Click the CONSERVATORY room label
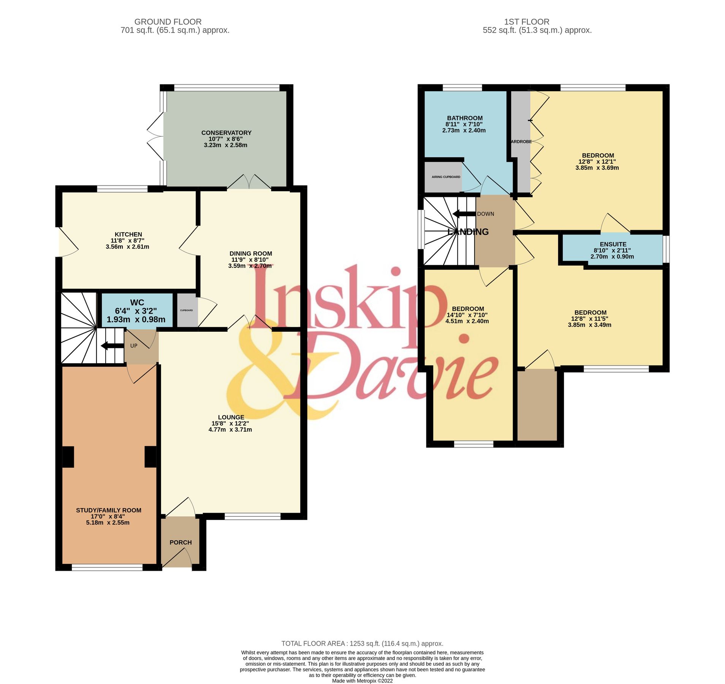click(226, 133)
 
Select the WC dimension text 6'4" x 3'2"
click(136, 311)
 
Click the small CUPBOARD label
click(186, 310)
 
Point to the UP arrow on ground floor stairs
click(112, 345)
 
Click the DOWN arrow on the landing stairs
click(464, 214)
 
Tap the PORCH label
click(180, 542)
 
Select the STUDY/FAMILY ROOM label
click(109, 510)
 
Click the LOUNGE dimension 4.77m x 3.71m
click(230, 430)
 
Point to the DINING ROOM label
click(250, 253)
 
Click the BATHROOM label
click(465, 118)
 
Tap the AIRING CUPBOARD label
click(446, 177)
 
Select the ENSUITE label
click(613, 244)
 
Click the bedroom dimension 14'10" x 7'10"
click(467, 315)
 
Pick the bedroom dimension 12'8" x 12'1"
click(597, 161)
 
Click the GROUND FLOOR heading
click(168, 22)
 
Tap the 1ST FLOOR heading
click(526, 22)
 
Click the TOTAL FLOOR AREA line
click(362, 643)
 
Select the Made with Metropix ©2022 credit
click(362, 681)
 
